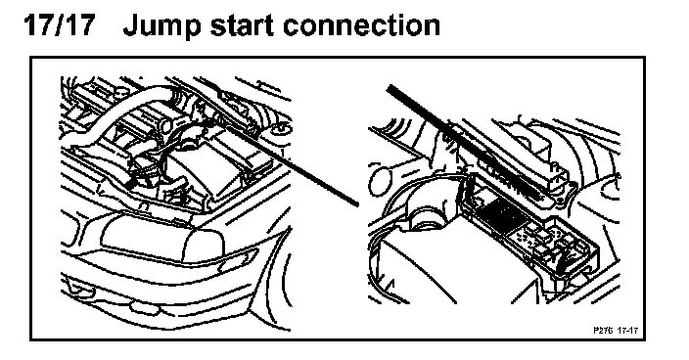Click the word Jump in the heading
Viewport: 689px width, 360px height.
tap(161, 26)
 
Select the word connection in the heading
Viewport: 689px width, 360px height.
tap(361, 25)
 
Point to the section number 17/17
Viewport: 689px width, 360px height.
tap(60, 24)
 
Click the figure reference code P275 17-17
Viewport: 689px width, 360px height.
tap(616, 330)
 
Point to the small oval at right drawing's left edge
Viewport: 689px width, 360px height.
tap(380, 181)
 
